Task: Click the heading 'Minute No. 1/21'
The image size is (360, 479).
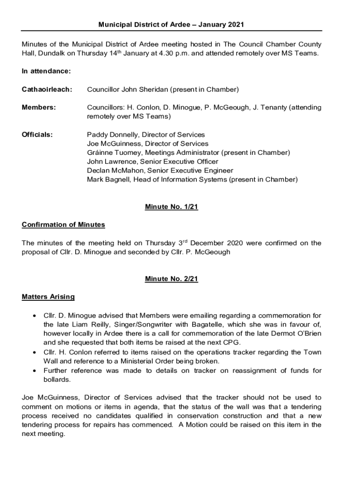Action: coord(172,207)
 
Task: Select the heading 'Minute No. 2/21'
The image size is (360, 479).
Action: coord(172,279)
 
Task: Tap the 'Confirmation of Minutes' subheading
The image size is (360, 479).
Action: coord(64,225)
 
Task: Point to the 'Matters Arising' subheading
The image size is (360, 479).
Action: coord(48,297)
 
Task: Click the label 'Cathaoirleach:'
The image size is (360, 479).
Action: coord(47,89)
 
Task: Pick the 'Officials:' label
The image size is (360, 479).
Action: coord(37,135)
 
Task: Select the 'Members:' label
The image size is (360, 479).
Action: coord(39,108)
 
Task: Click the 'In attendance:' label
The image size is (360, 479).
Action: coord(46,71)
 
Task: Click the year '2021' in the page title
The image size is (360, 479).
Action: coord(236,24)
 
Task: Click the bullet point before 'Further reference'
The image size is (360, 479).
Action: coord(35,371)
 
